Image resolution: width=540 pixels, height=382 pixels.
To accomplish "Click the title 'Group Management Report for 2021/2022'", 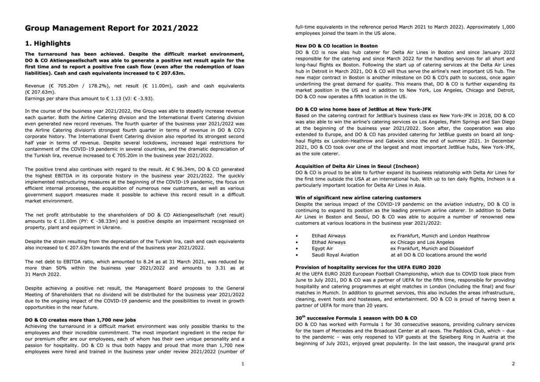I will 111,28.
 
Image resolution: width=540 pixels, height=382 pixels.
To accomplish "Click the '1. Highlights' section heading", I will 47,43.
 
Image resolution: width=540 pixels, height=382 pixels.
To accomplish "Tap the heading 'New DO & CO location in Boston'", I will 336,46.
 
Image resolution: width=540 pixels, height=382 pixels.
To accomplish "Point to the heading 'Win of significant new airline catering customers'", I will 358,198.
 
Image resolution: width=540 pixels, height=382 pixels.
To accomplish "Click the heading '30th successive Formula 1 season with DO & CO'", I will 356,317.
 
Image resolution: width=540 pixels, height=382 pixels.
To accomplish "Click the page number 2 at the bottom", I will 513,364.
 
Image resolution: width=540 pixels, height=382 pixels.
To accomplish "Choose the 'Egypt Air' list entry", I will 322,248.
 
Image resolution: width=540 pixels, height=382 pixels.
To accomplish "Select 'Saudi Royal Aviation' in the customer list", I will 335,255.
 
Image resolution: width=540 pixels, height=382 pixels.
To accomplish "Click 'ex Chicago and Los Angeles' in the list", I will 422,242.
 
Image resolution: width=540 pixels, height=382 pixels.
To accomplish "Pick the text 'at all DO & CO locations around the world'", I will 438,255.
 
